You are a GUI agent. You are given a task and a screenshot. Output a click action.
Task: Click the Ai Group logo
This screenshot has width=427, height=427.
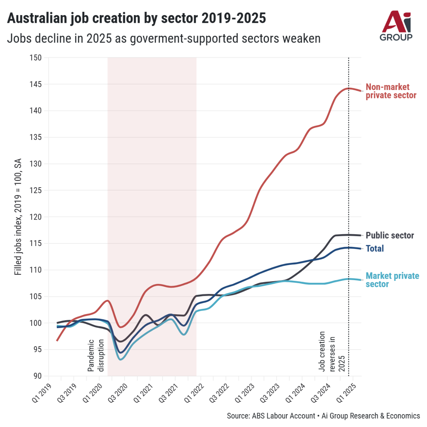click(396, 26)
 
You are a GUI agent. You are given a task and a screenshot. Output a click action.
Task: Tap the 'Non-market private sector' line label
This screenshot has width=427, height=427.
click(391, 91)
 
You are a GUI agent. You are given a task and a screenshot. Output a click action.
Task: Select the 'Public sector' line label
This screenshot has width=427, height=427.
click(390, 235)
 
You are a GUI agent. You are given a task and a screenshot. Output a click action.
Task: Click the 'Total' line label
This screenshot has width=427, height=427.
click(374, 249)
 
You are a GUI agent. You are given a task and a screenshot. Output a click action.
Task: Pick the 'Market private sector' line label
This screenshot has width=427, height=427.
click(392, 280)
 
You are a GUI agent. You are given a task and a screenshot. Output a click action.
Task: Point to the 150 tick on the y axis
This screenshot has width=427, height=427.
click(36, 58)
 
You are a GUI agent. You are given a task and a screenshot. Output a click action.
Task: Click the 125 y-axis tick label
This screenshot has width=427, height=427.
click(36, 190)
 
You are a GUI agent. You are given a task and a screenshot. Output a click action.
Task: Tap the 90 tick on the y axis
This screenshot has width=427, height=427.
click(37, 376)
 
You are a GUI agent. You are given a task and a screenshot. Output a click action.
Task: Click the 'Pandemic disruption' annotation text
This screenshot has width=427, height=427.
click(96, 355)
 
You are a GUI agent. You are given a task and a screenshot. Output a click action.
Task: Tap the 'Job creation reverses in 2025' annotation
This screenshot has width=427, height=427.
click(332, 351)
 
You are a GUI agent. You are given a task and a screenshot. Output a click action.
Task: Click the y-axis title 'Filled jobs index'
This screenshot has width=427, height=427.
click(18, 217)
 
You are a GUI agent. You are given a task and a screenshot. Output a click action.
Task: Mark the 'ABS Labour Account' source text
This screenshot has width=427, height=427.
click(283, 416)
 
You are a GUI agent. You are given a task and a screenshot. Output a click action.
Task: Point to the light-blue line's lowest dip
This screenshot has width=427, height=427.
click(120, 359)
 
